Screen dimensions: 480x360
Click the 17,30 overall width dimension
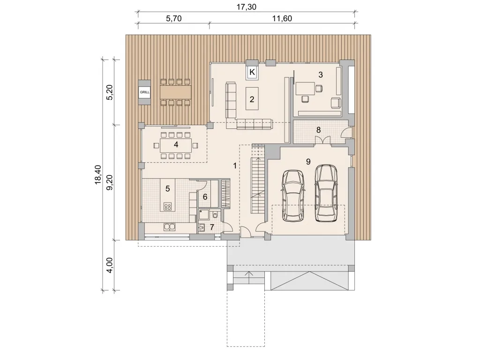click(246, 7)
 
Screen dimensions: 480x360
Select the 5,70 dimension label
click(173, 19)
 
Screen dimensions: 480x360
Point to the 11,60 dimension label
click(282, 19)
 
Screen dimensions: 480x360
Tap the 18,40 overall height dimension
click(98, 174)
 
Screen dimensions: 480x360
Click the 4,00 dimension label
click(110, 265)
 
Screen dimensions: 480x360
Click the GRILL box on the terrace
click(144, 92)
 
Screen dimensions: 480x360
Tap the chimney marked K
click(252, 72)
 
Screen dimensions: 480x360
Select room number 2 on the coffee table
click(252, 99)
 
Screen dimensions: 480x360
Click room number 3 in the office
click(321, 75)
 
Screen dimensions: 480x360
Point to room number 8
click(318, 130)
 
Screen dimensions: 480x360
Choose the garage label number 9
click(308, 161)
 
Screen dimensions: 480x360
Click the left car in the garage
click(293, 195)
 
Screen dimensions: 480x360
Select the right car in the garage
click(326, 193)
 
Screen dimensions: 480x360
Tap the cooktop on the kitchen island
click(167, 206)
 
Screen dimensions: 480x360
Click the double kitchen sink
click(170, 227)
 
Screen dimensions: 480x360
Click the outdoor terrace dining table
click(176, 92)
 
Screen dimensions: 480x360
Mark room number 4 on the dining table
click(176, 144)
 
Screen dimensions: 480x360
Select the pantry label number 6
click(205, 196)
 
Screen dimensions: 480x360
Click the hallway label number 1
click(235, 166)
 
